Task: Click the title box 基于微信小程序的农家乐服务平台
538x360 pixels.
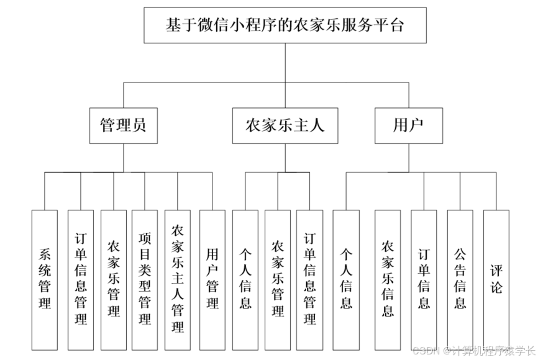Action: (285, 25)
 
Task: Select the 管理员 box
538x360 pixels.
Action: (123, 125)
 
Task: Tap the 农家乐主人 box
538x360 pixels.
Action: (285, 125)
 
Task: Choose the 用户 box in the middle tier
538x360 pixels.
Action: (408, 125)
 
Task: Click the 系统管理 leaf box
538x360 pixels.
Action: (45, 279)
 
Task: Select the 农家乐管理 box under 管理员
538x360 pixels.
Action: (113, 279)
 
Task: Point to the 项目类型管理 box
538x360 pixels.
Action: (145, 279)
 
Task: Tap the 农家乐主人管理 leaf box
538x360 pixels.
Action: (178, 279)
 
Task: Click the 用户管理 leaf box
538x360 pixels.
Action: (212, 279)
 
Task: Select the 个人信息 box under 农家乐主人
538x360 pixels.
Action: (245, 279)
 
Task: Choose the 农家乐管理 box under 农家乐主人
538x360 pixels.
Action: (278, 279)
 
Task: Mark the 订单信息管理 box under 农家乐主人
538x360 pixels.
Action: (309, 279)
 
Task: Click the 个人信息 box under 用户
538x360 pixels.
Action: (346, 279)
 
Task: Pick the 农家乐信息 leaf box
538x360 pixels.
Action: (388, 279)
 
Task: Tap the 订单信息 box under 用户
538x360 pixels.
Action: (424, 279)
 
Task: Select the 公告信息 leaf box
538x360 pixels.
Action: (460, 279)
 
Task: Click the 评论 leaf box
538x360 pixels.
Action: (496, 279)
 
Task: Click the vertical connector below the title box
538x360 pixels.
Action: (285, 62)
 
